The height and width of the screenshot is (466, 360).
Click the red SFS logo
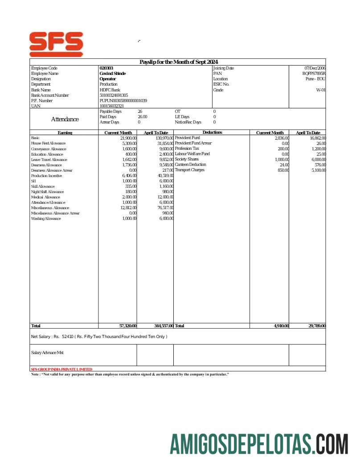click(x=56, y=43)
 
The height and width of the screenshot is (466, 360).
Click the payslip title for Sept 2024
click(x=178, y=62)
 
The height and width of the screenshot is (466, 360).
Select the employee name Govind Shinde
click(x=112, y=74)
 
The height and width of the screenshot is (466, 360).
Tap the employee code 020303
click(x=106, y=68)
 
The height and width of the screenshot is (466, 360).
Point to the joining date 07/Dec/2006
click(x=315, y=68)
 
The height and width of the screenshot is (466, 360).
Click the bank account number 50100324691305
click(x=114, y=95)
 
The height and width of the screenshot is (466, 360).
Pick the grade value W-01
click(x=321, y=90)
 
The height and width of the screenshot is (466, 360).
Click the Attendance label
click(x=65, y=120)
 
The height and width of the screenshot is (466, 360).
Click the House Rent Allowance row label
click(x=48, y=144)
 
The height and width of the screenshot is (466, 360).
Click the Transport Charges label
click(x=189, y=170)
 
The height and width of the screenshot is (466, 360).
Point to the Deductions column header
click(x=212, y=132)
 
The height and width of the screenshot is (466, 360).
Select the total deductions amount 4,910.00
click(x=281, y=326)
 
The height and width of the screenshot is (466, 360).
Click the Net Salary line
click(x=99, y=336)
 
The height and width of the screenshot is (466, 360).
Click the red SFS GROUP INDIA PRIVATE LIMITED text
click(x=61, y=369)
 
